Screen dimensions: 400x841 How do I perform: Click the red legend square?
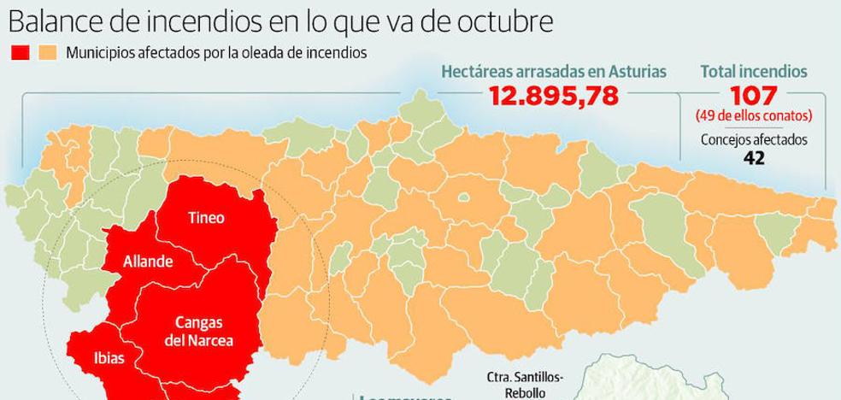(20, 53)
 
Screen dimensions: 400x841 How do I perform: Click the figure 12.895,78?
(553, 95)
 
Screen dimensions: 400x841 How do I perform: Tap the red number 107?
(753, 95)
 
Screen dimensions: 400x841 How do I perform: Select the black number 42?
(753, 158)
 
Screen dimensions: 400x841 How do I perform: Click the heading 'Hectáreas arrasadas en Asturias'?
(553, 72)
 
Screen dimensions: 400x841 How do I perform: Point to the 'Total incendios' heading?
(753, 72)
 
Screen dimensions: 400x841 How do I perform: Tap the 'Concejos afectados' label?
(753, 141)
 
